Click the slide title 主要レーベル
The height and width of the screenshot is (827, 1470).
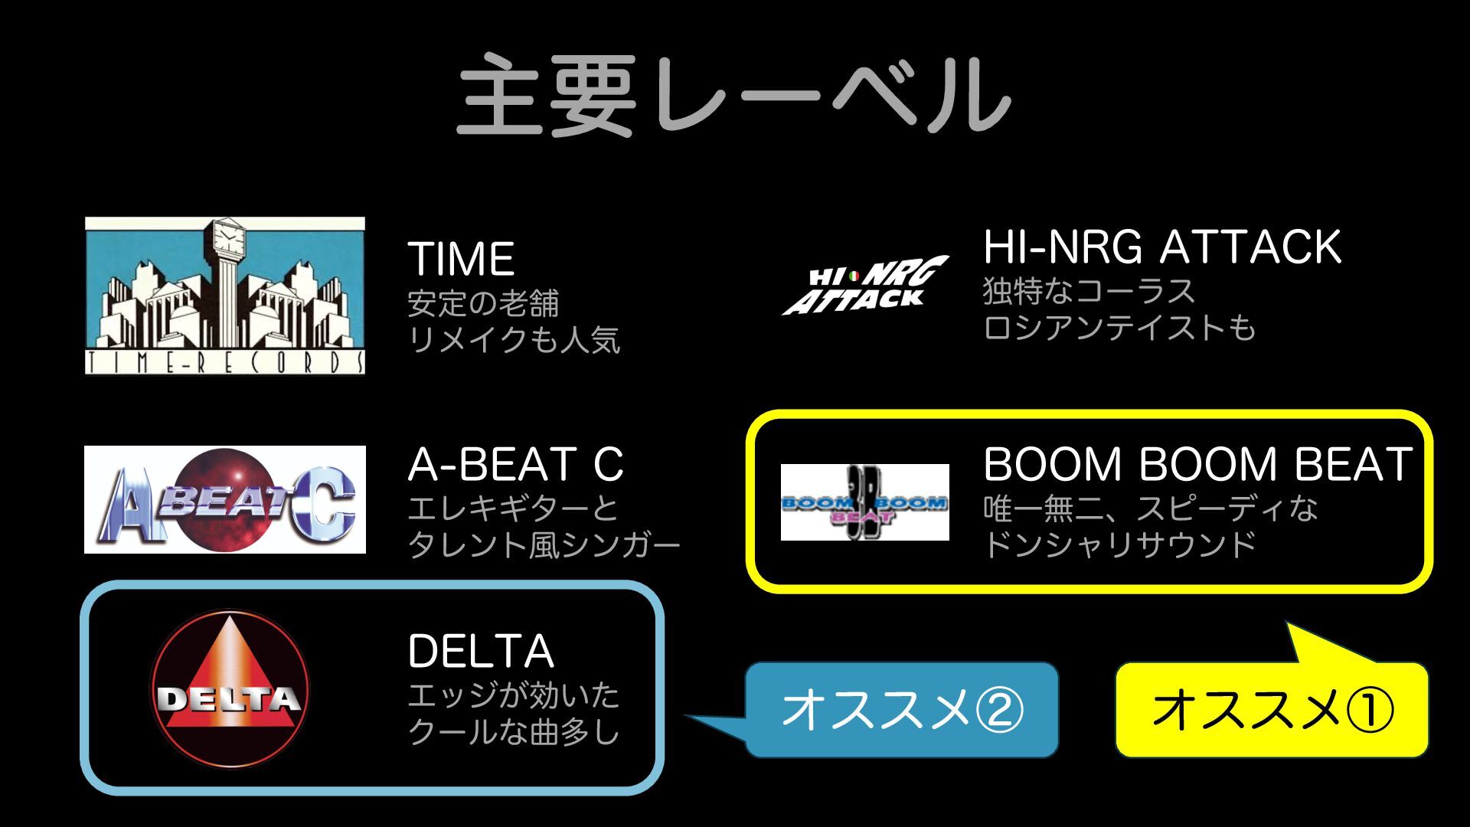point(733,96)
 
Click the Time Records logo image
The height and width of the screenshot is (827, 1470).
point(224,296)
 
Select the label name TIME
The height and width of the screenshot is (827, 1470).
point(461,259)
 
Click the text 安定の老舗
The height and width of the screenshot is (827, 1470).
point(483,303)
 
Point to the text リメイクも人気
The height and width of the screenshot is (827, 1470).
point(514,340)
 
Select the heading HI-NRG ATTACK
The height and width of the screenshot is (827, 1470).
point(1161,247)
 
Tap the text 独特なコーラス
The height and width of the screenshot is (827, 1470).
point(1088,291)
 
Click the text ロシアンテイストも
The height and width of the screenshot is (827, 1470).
point(1119,328)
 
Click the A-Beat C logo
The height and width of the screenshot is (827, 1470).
point(224,499)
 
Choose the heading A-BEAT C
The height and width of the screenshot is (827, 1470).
point(515,464)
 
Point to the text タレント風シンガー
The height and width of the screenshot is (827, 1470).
point(544,545)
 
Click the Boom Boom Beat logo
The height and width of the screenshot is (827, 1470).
point(864,502)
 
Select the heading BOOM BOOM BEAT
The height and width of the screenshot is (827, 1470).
point(1197,464)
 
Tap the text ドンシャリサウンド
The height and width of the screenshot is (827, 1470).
point(1119,545)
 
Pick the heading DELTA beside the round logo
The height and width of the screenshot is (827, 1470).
point(481,652)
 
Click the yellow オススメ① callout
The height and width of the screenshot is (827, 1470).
point(1272,709)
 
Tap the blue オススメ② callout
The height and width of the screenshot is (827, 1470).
point(901,709)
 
